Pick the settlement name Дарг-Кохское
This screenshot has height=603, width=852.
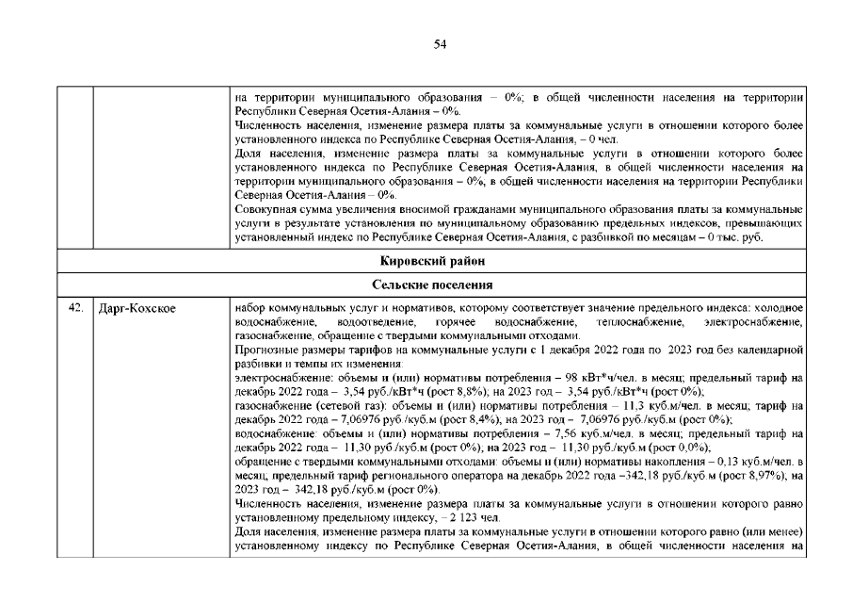137,308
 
